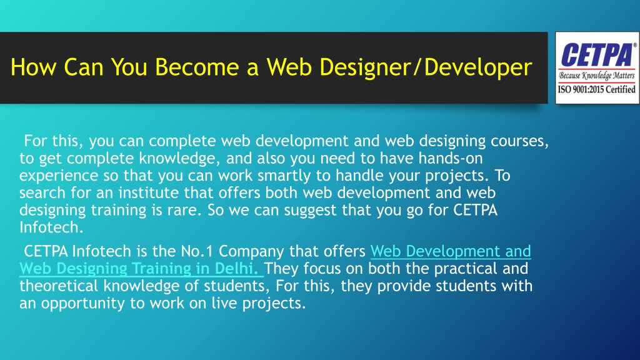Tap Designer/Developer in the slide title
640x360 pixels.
pos(426,67)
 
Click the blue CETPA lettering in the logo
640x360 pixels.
pos(597,55)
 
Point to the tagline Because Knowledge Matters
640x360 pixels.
pos(597,76)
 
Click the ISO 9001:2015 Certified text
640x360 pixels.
pos(597,89)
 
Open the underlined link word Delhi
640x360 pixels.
pos(236,269)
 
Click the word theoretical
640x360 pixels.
pos(59,286)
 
